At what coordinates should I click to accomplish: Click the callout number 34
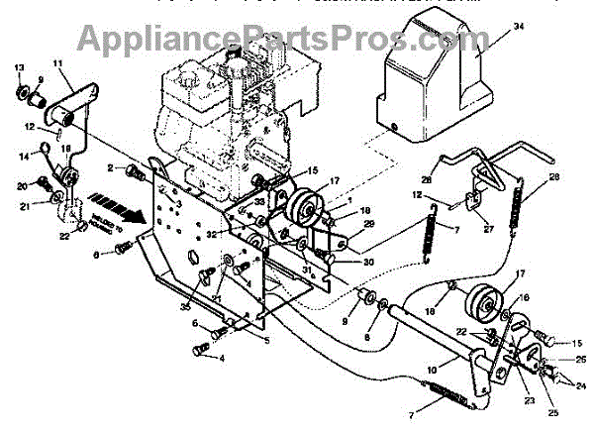pyautogui.click(x=516, y=27)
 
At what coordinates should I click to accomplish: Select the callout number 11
pyautogui.click(x=56, y=64)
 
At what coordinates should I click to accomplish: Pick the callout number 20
pyautogui.click(x=22, y=185)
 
